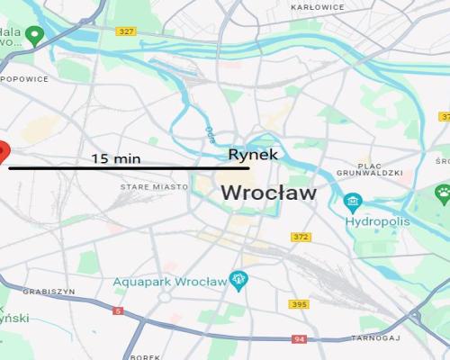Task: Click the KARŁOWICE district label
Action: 318,6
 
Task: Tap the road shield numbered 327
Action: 126,31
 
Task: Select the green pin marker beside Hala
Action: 35,37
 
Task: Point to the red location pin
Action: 3,151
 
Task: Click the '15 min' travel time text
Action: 116,158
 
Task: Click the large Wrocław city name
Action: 268,192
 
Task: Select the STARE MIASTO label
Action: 154,186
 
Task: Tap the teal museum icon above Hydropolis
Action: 353,201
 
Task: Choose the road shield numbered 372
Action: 301,237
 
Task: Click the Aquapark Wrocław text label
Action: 169,282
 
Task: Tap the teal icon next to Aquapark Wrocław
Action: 238,280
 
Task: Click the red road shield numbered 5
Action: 118,310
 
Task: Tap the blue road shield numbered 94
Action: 299,339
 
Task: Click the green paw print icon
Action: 443,192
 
